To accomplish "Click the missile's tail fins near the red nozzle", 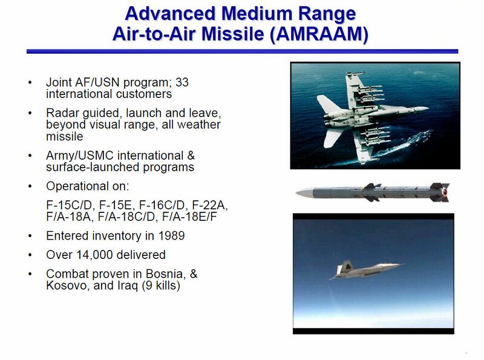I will (440, 192).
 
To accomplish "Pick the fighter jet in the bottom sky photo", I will (363, 269).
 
